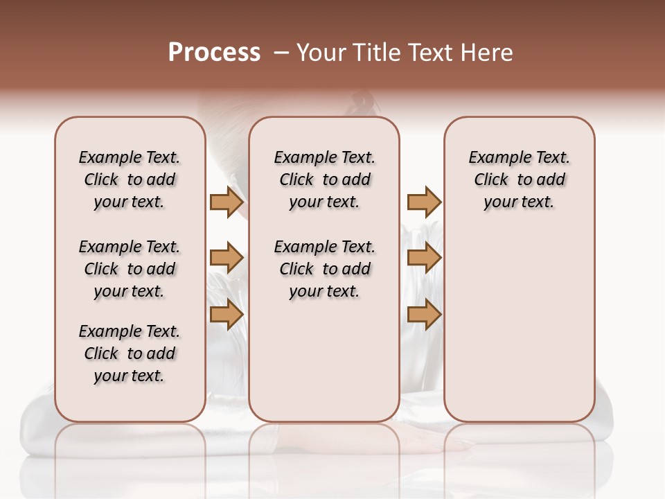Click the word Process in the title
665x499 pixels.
pyautogui.click(x=214, y=53)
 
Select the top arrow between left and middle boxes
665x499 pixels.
pyautogui.click(x=227, y=202)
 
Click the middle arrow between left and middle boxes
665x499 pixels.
pyautogui.click(x=227, y=259)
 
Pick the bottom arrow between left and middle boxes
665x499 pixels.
pyautogui.click(x=227, y=315)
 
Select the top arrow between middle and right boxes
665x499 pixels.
pyautogui.click(x=424, y=202)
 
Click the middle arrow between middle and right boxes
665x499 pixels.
pyautogui.click(x=424, y=259)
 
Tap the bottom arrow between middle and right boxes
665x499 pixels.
pyautogui.click(x=424, y=315)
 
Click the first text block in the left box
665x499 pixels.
pyautogui.click(x=130, y=180)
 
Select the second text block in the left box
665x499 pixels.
pyautogui.click(x=130, y=269)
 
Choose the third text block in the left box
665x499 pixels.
pyautogui.click(x=130, y=353)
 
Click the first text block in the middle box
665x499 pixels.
pyautogui.click(x=324, y=180)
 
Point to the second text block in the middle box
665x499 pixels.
pyautogui.click(x=324, y=269)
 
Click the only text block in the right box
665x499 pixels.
pyautogui.click(x=520, y=180)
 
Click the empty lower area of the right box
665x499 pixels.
pyautogui.click(x=520, y=326)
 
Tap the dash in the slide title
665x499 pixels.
pyautogui.click(x=282, y=53)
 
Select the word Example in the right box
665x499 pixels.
pyautogui.click(x=495, y=158)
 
